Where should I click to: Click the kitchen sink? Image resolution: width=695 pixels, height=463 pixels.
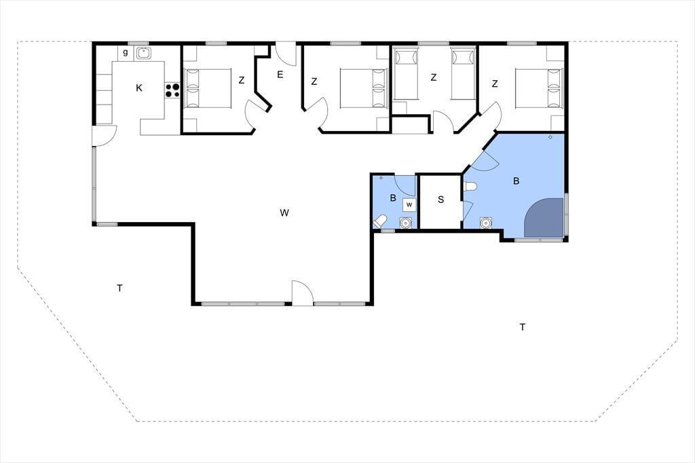144,53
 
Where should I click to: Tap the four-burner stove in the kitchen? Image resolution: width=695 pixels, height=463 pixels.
172,90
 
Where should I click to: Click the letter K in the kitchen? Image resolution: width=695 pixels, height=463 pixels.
138,88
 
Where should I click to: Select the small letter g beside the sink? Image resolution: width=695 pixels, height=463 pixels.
126,53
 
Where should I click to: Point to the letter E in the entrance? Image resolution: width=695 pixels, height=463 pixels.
280,75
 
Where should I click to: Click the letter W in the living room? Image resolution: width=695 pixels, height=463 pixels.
284,213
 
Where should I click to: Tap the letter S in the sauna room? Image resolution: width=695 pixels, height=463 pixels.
440,200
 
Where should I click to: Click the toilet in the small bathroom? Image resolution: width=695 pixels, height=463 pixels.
381,221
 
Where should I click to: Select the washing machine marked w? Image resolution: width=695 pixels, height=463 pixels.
409,204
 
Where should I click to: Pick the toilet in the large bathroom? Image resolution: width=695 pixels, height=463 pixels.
469,186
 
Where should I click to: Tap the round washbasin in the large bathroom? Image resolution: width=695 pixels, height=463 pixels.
486,222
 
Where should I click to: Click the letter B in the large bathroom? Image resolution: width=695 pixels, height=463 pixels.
516,181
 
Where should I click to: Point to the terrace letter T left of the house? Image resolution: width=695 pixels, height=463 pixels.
119,289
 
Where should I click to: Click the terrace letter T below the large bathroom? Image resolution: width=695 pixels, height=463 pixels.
523,327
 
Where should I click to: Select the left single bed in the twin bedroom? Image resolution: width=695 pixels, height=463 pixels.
406,75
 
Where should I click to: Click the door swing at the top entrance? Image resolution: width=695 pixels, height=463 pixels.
286,54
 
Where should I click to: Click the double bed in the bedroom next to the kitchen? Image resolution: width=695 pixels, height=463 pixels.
208,88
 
